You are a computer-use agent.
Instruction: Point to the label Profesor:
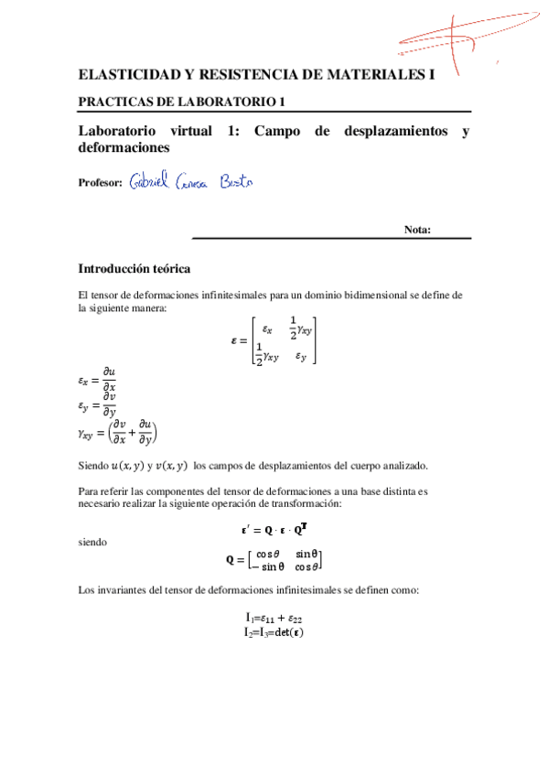point(101,183)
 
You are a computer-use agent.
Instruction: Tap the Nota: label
point(417,230)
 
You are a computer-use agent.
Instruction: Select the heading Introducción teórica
point(134,269)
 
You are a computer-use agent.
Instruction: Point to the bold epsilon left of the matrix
point(234,340)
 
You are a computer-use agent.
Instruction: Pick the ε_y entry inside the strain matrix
point(301,357)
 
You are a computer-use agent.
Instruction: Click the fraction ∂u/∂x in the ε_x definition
point(109,377)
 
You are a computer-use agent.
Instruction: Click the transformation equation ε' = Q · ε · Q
point(274,528)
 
